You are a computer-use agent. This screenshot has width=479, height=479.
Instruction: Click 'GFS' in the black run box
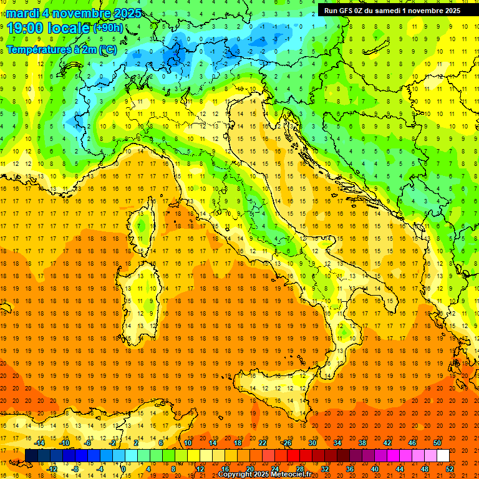tap(349, 10)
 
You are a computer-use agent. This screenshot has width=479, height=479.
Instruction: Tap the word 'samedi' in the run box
tap(385, 10)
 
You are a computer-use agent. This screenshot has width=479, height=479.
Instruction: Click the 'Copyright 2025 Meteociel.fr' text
tap(265, 475)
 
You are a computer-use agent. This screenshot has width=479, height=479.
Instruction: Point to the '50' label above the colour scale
tap(437, 443)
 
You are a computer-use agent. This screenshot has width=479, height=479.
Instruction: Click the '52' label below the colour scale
tap(450, 469)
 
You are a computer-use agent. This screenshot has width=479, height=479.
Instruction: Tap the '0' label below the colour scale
tap(123, 469)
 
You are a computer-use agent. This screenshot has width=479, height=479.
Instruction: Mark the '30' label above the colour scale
tap(312, 443)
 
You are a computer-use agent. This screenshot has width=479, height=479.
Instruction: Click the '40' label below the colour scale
tap(375, 469)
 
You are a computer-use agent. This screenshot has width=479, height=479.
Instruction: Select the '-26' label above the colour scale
tap(286, 443)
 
